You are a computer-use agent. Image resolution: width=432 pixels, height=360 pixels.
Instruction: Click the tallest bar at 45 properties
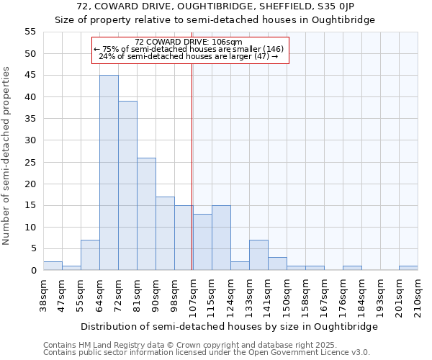coord(109,173)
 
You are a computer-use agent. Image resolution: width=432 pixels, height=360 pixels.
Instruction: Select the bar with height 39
coord(127,186)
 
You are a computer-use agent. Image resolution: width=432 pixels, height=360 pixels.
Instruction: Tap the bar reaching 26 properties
coord(146,214)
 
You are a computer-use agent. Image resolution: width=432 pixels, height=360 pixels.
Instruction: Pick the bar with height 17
coord(165,233)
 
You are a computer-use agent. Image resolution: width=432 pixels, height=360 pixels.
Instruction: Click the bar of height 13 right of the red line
coord(202,242)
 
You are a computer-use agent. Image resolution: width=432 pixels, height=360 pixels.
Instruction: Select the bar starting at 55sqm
coord(90,255)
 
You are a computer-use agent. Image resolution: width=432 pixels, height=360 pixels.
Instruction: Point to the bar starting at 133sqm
coord(258,255)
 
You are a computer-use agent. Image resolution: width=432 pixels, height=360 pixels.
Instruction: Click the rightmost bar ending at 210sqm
coord(408,268)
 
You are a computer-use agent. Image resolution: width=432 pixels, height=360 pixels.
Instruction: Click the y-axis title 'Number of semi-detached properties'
coord(7,156)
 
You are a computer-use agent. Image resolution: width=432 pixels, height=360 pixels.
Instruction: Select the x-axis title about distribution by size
coord(229,326)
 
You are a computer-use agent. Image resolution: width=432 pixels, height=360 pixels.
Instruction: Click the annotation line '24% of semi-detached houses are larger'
coord(189,56)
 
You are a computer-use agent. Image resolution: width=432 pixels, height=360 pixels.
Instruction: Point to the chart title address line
coord(215,6)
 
